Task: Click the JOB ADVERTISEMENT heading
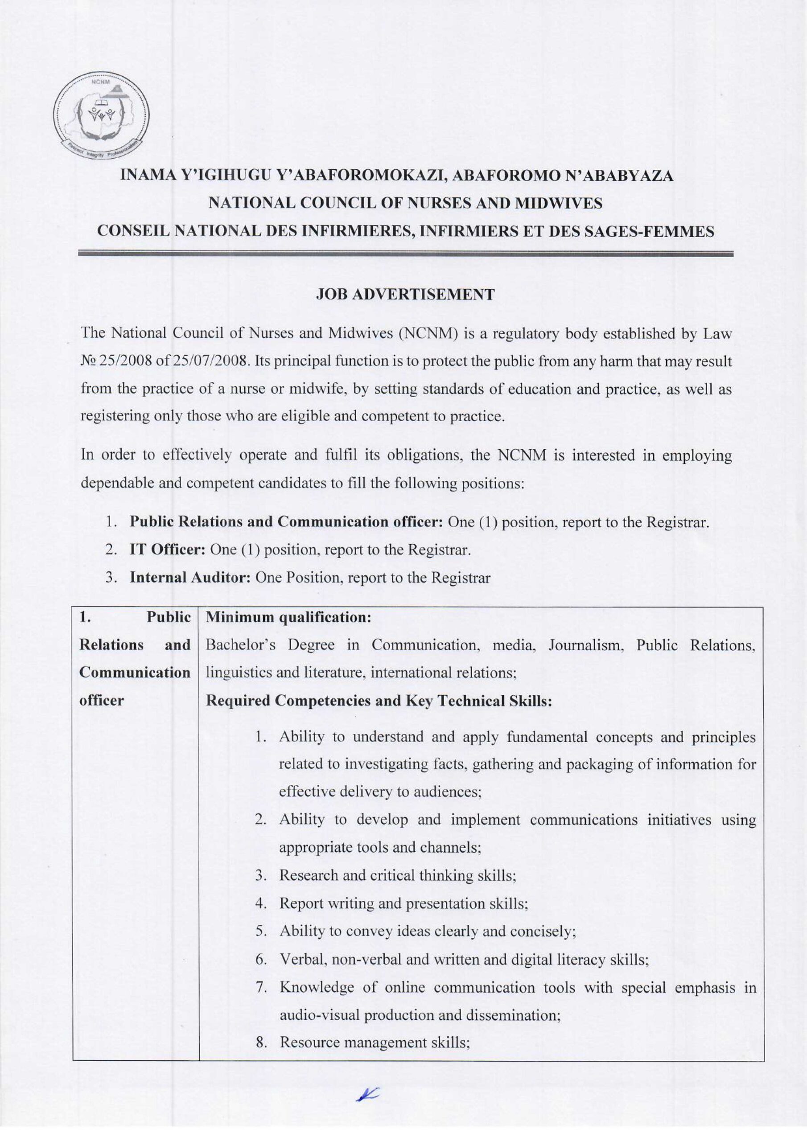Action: click(x=405, y=294)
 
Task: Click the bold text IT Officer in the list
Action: click(x=168, y=550)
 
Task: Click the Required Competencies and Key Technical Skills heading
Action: click(x=379, y=701)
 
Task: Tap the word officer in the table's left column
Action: click(x=102, y=701)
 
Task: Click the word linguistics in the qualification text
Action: click(x=232, y=673)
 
